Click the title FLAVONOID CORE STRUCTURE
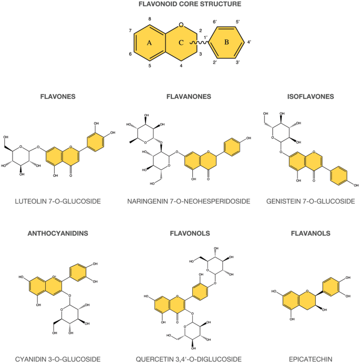coord(180,5)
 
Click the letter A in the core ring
coord(149,44)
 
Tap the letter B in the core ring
coord(227,44)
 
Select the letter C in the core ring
coord(180,44)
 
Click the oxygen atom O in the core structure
coord(181,24)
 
